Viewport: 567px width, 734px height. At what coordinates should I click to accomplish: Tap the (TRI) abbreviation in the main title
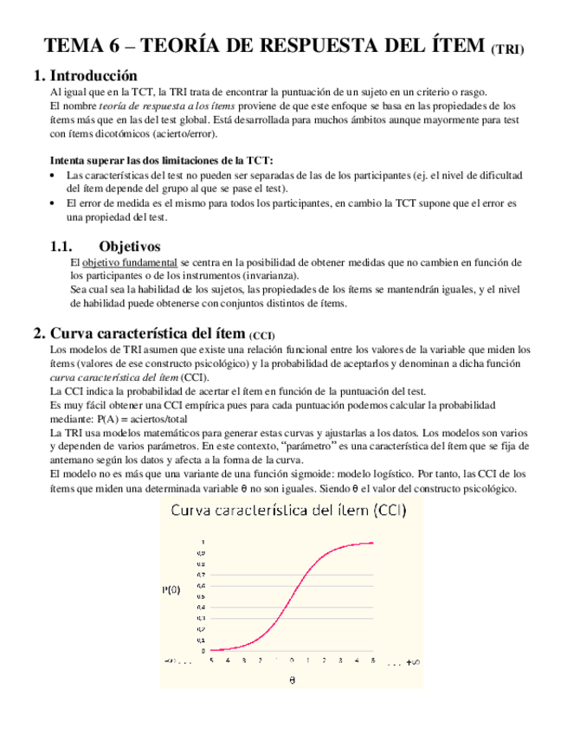[x=507, y=49]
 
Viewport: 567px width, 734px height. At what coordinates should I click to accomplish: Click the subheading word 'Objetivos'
[x=130, y=247]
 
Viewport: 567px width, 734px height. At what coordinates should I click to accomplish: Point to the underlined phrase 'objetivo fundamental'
[x=130, y=262]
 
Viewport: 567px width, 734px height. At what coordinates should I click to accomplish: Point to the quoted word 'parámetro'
[x=311, y=447]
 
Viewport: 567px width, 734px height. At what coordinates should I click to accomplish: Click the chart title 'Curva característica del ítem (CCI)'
[x=290, y=512]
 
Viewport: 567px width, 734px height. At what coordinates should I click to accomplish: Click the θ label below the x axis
[x=292, y=679]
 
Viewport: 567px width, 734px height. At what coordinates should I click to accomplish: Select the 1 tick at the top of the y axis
[x=203, y=542]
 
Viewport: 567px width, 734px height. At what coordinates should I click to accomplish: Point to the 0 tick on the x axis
[x=292, y=660]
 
